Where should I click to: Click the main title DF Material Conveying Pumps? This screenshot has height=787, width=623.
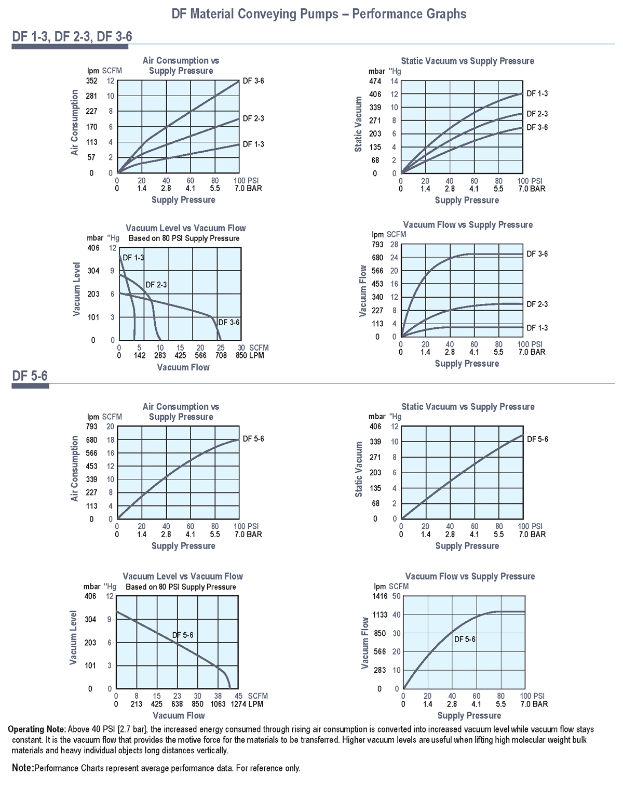319,14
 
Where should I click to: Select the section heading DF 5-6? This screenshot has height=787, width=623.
30,376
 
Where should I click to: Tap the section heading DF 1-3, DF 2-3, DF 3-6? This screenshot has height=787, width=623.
72,37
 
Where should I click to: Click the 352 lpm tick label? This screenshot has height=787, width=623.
91,81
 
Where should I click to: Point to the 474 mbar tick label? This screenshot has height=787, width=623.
375,82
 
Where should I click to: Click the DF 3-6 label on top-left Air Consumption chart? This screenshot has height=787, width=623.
253,81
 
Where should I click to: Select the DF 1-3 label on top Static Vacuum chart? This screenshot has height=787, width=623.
537,94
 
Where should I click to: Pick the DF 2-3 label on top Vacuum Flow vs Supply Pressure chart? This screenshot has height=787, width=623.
537,304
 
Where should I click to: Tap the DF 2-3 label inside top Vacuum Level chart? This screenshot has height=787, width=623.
156,285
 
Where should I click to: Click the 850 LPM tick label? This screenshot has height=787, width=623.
249,356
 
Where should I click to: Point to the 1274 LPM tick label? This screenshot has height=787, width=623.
247,704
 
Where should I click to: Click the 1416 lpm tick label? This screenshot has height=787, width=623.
380,596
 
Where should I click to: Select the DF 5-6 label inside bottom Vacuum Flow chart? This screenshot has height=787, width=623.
465,639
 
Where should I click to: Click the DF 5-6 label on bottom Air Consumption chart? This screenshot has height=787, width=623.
253,439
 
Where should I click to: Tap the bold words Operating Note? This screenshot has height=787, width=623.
37,729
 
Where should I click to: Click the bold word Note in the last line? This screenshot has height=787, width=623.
22,768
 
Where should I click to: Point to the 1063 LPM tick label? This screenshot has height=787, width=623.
218,704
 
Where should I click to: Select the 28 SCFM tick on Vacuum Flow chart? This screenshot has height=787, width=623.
394,245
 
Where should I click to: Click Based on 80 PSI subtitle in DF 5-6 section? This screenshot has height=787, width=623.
181,587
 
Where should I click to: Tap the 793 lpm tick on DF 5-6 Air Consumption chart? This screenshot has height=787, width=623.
91,426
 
